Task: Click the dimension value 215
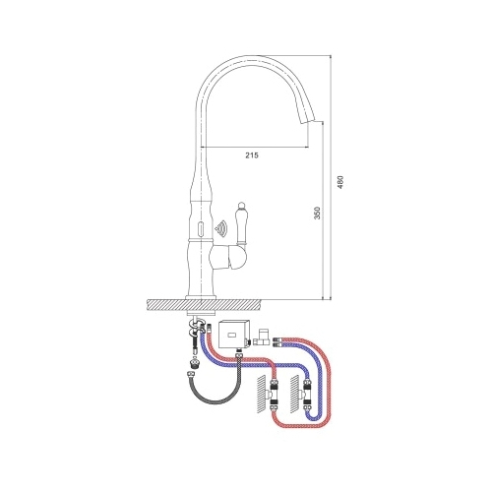pyautogui.click(x=252, y=155)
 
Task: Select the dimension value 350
pyautogui.click(x=317, y=214)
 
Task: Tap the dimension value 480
pyautogui.click(x=340, y=182)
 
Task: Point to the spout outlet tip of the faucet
pyautogui.click(x=309, y=123)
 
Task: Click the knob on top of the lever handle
pyautogui.click(x=240, y=207)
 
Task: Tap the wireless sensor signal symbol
pyautogui.click(x=220, y=229)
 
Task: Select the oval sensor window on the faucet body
pyautogui.click(x=201, y=227)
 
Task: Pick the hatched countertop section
pyautogui.click(x=204, y=305)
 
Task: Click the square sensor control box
pyautogui.click(x=233, y=335)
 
